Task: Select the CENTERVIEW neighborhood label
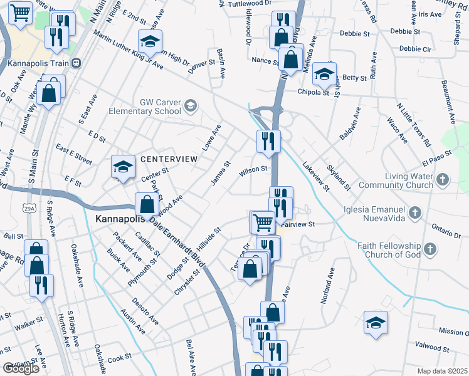(169, 159)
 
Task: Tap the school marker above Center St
(123, 167)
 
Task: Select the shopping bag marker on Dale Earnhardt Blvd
(147, 205)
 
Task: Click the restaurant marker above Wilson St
(268, 142)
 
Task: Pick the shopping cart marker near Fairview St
(262, 221)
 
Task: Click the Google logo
(20, 368)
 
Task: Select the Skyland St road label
(339, 177)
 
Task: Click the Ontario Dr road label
(446, 229)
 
